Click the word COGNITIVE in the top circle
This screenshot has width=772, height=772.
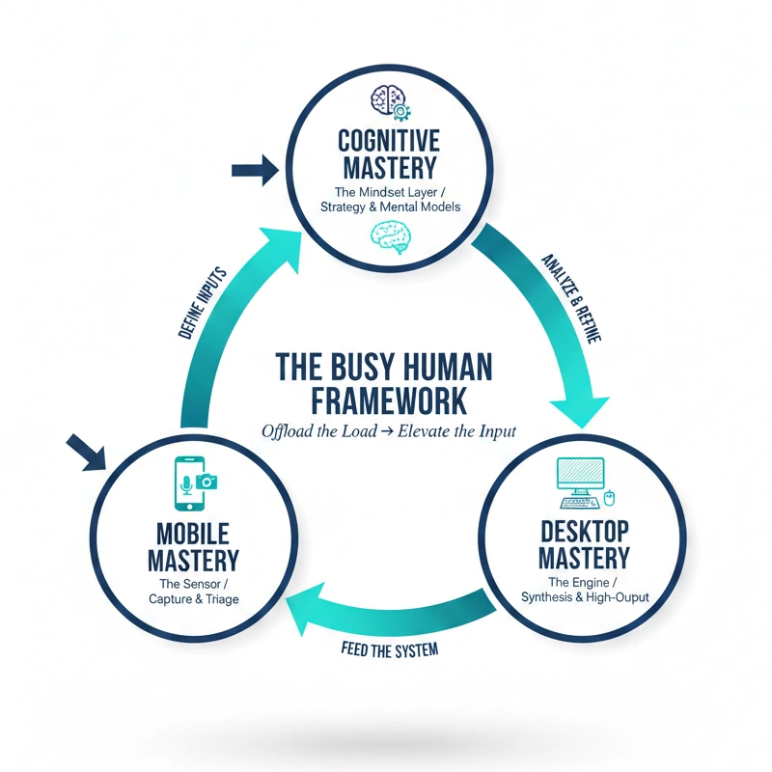pos(388,141)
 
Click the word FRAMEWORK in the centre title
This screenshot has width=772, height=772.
pos(384,400)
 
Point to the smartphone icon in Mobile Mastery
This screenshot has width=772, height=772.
pos(187,482)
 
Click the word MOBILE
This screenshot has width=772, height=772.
pos(193,532)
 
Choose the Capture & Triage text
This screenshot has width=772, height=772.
pos(194,599)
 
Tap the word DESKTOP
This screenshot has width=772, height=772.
pos(583,530)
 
